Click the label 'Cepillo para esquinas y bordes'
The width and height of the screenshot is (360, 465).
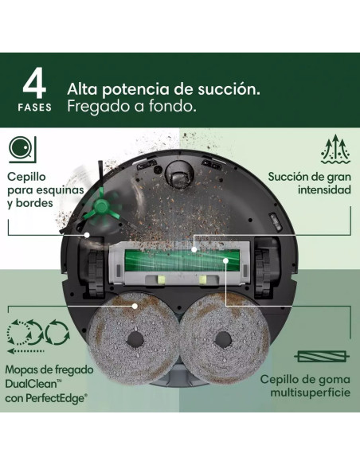pyautogui.click(x=37, y=190)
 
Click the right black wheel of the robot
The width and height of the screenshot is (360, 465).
pyautogui.click(x=269, y=265)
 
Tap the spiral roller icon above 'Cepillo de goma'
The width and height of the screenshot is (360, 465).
pyautogui.click(x=324, y=356)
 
